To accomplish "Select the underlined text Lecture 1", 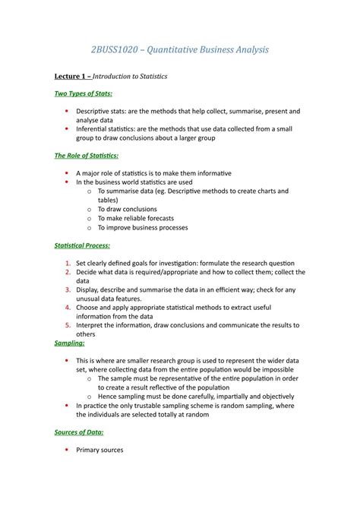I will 71,77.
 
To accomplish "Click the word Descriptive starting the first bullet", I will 95,111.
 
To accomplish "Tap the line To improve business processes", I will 142,227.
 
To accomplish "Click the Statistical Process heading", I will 82,245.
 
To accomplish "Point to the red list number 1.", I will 68,263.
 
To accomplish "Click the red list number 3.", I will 68,289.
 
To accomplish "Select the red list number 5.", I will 68,324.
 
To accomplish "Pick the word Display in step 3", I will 88,289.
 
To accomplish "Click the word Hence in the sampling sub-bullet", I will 109,397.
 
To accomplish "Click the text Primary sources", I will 99,450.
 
